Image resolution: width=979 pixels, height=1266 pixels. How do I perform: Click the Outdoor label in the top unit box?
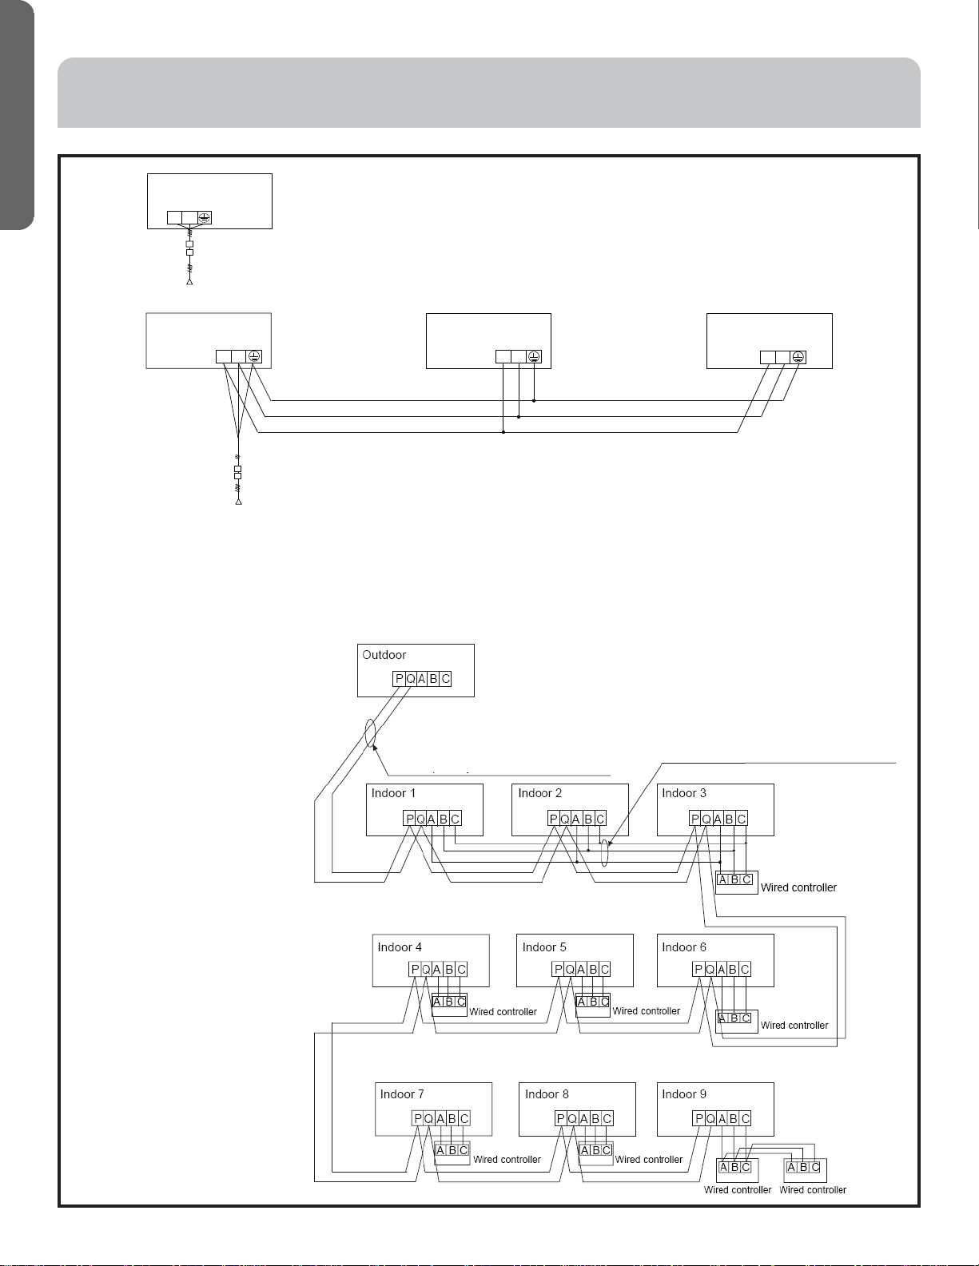384,655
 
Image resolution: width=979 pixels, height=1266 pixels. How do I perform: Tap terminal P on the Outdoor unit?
399,679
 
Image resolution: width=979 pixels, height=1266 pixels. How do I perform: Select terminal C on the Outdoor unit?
446,679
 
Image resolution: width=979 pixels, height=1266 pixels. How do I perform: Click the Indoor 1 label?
393,793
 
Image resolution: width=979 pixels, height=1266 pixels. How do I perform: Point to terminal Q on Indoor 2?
565,820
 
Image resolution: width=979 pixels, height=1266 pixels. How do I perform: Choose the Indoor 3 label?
683,793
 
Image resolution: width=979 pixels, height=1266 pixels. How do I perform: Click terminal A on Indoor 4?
437,970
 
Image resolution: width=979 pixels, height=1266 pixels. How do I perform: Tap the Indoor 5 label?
544,947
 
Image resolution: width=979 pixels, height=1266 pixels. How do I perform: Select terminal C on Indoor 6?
745,970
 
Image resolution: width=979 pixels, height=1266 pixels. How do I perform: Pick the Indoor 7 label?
402,1095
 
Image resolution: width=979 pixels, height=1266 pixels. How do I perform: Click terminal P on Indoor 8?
560,1118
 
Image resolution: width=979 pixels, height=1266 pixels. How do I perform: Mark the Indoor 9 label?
684,1095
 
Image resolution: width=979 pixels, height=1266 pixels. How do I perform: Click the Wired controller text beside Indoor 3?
798,888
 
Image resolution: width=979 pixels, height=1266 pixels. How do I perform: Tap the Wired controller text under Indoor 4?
503,1012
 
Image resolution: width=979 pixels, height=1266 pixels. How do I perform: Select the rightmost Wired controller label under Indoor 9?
813,1190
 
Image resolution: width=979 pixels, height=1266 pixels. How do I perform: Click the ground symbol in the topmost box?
204,218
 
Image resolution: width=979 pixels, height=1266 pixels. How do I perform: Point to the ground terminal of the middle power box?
534,356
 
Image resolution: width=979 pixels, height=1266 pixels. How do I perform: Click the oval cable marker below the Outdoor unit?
370,733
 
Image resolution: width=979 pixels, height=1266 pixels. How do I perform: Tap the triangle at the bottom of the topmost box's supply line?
189,282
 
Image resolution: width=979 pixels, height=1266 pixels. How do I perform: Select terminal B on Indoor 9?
734,1118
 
